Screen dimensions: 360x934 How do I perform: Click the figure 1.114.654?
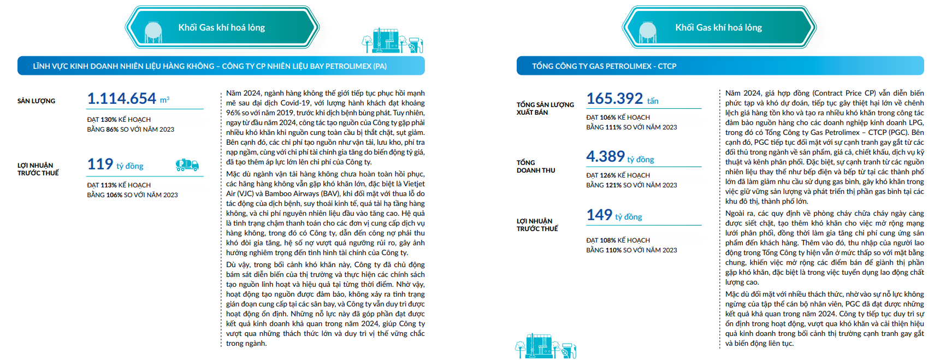point(122,98)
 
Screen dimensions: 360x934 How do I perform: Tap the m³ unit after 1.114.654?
point(164,100)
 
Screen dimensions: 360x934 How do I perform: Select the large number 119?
point(100,164)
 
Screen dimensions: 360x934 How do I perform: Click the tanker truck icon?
point(187,164)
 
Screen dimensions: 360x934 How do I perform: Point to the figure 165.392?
point(614,98)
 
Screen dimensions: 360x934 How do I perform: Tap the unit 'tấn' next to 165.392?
point(653,101)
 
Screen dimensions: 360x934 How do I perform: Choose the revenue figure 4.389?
point(605,156)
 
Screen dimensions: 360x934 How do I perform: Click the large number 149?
point(599,215)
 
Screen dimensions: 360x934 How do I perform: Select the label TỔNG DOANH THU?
point(536,167)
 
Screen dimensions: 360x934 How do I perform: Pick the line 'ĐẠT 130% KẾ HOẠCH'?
point(119,120)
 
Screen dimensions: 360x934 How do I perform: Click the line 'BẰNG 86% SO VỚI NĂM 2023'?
point(131,129)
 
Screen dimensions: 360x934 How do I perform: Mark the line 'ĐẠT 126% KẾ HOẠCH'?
point(618,175)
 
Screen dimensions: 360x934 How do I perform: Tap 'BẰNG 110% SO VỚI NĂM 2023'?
point(631,250)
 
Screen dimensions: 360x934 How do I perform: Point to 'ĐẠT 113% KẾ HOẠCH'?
point(119,185)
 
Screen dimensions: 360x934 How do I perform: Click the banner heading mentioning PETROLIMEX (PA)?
point(210,66)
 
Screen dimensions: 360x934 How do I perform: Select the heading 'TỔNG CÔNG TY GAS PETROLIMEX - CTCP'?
point(604,66)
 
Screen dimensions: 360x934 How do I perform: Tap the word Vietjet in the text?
point(413,184)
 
